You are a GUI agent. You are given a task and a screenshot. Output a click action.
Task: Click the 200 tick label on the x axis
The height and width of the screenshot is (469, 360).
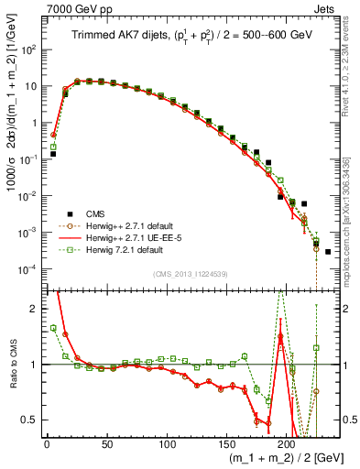pyautogui.click(x=287, y=444)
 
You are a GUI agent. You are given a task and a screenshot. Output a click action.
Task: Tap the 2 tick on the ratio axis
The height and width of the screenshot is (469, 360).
pyautogui.click(x=34, y=309)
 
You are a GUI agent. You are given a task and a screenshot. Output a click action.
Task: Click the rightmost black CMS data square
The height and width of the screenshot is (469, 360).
pyautogui.click(x=328, y=252)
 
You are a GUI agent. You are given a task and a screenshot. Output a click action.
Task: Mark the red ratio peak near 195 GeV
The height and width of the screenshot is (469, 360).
pyautogui.click(x=280, y=335)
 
